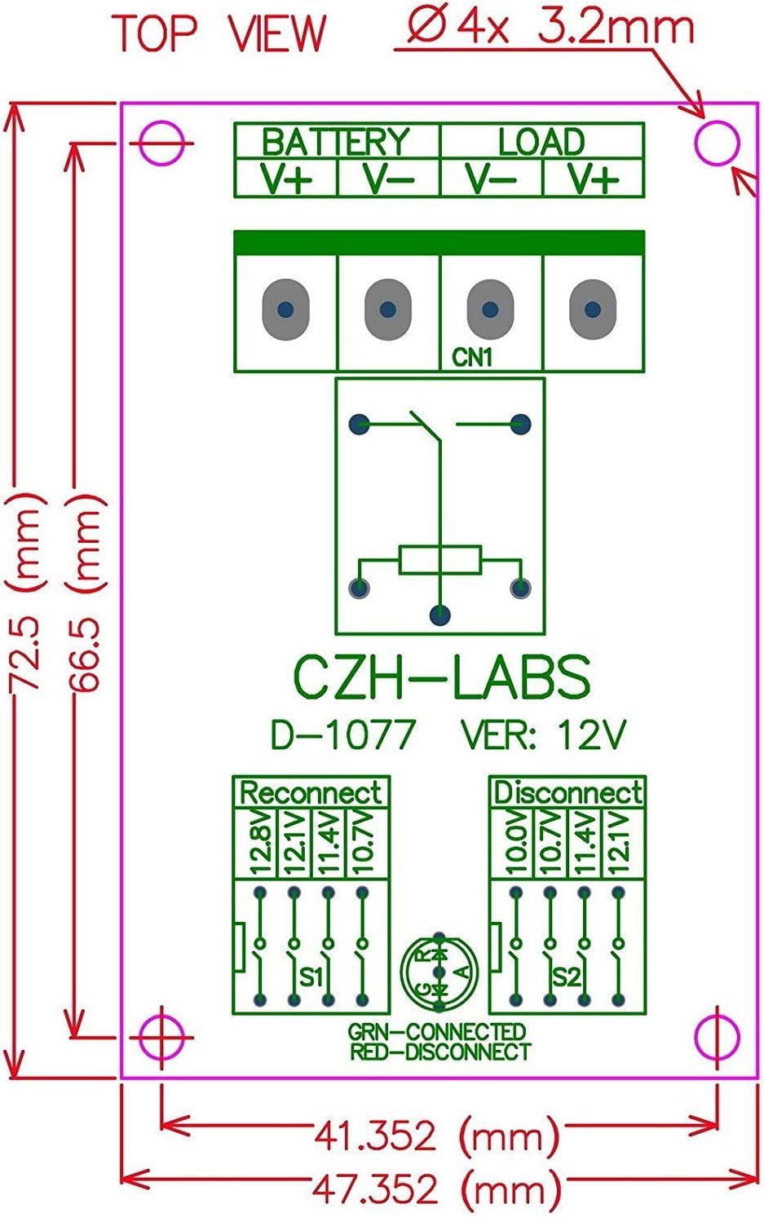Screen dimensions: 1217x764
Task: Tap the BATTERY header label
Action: click(x=335, y=142)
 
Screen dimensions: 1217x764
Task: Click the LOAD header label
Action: click(x=541, y=142)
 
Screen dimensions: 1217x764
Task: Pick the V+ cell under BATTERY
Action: click(x=285, y=179)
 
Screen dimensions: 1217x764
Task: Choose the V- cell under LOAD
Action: click(x=491, y=179)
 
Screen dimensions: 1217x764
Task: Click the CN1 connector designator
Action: click(x=473, y=357)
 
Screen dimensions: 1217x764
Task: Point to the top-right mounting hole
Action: click(x=718, y=143)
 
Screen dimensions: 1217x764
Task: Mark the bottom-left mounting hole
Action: click(x=162, y=1037)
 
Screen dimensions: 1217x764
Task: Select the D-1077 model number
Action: click(x=342, y=734)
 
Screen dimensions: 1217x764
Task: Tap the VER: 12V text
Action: click(x=543, y=734)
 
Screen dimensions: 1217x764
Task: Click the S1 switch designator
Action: click(x=311, y=976)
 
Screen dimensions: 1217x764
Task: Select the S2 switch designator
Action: click(x=566, y=976)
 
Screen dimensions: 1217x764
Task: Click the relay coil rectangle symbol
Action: click(x=440, y=561)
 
